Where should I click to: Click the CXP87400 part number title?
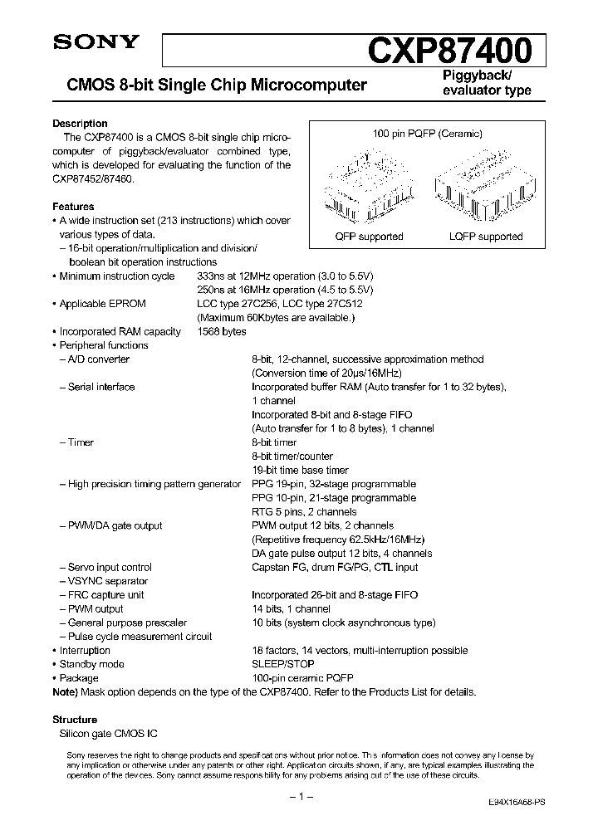[449, 51]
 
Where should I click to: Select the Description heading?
[80, 124]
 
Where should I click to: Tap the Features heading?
[73, 207]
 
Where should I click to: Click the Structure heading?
[75, 720]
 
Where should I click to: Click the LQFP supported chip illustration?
[476, 187]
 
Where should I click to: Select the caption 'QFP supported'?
[369, 237]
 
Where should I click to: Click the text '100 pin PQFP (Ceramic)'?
[427, 134]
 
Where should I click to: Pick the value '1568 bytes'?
[222, 331]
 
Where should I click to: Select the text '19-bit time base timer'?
[300, 470]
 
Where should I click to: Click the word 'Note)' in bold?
[65, 692]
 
